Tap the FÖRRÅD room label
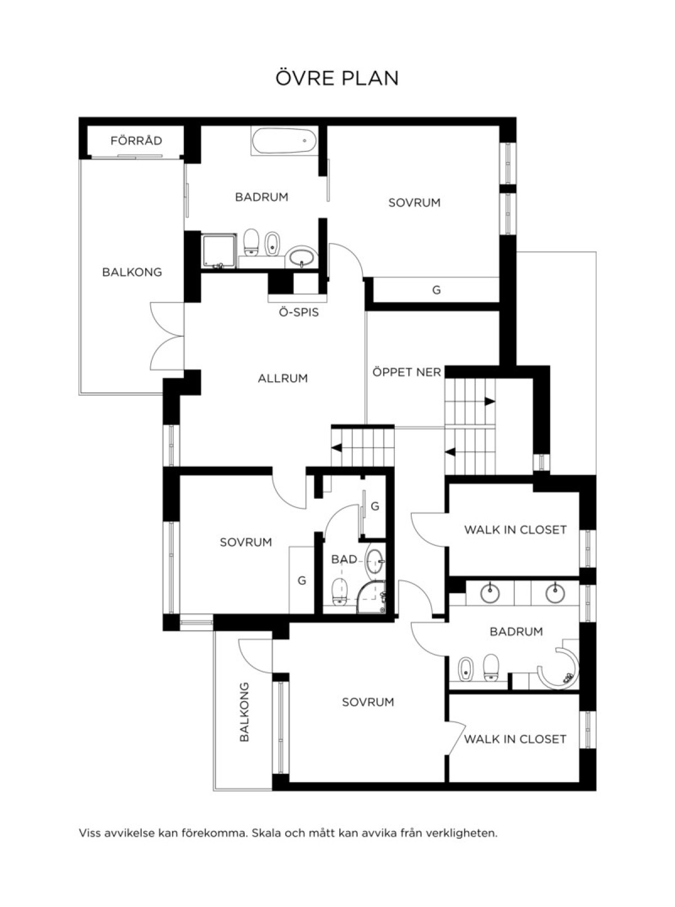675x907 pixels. point(136,141)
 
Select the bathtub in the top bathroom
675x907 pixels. point(284,141)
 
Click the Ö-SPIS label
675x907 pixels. point(299,313)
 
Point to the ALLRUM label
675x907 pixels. point(283,378)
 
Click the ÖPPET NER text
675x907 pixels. point(407,372)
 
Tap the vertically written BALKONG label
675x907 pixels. point(244,711)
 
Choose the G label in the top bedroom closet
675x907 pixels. point(436,290)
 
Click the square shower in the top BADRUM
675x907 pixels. point(219,251)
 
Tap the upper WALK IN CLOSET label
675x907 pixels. point(515,530)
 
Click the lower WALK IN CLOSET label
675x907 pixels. point(515,739)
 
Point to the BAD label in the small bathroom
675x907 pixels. point(344,559)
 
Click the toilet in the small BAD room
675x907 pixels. point(340,592)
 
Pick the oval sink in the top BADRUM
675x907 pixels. point(301,257)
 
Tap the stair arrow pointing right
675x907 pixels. point(490,401)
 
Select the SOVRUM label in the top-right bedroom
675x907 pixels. point(415,203)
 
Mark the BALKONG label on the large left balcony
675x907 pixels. point(132,272)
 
